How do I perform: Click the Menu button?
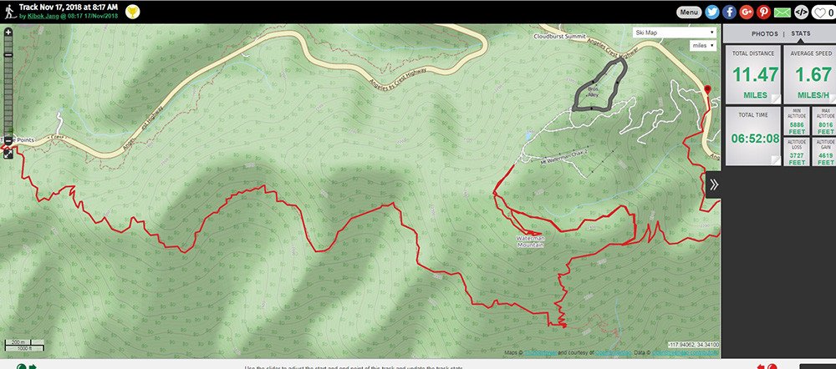click(x=689, y=12)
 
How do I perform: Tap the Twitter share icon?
click(x=712, y=12)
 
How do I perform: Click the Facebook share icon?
click(x=730, y=12)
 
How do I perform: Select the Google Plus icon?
click(x=747, y=12)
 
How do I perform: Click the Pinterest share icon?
click(x=763, y=12)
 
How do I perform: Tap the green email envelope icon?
click(x=782, y=12)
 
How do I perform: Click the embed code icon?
click(x=801, y=12)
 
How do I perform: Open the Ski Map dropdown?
click(x=675, y=33)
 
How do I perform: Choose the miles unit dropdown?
click(x=701, y=46)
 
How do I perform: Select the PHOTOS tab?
click(x=764, y=33)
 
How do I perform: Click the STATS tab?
click(x=801, y=33)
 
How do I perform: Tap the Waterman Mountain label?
click(x=530, y=241)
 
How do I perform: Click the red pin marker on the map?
click(x=707, y=89)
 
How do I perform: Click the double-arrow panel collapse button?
click(x=713, y=185)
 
